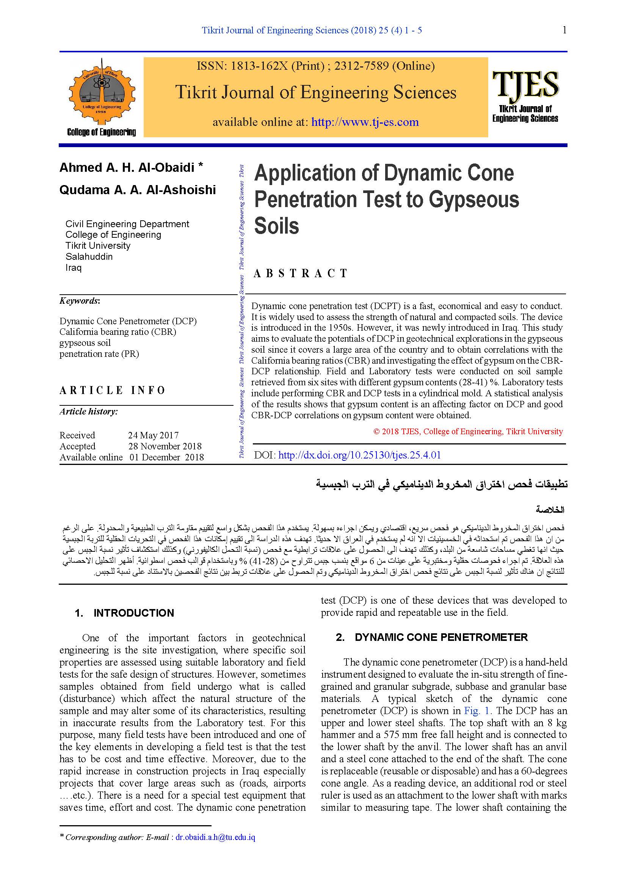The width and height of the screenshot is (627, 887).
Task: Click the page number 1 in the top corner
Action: (x=564, y=30)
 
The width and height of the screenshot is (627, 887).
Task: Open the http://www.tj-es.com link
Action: (x=365, y=122)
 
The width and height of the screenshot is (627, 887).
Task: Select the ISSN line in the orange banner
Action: (x=315, y=66)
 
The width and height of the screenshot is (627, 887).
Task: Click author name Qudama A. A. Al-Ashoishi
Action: (x=138, y=190)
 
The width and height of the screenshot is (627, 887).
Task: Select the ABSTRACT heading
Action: (x=300, y=273)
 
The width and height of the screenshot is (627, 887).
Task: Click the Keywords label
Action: (x=80, y=301)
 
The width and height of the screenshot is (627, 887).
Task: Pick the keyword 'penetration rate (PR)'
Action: (x=99, y=354)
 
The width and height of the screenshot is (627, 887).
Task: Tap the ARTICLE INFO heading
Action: (x=112, y=390)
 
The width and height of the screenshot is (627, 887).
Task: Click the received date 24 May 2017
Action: (x=153, y=435)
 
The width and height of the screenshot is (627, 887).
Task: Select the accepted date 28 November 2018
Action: (x=165, y=446)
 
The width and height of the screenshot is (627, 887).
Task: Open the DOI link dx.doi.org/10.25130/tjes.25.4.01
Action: (x=359, y=455)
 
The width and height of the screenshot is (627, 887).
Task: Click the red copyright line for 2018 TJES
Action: (x=468, y=432)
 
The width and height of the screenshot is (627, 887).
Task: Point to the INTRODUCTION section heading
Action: (x=133, y=613)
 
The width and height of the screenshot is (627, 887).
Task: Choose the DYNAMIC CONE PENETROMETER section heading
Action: (x=441, y=637)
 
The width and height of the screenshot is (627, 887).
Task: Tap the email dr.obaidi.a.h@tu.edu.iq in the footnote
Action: (x=215, y=838)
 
